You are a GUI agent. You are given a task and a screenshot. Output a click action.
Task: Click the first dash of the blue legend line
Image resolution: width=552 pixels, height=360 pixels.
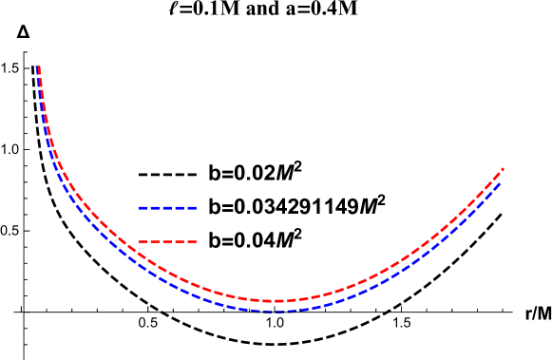pos(143,207)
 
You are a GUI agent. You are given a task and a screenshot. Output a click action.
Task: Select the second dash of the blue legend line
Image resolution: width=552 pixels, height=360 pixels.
pos(156,207)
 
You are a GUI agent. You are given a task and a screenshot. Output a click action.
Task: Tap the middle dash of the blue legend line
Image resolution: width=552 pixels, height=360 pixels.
pos(168,207)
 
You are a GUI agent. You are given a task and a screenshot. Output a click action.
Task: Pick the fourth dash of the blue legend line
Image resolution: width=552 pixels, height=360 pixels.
pos(181,207)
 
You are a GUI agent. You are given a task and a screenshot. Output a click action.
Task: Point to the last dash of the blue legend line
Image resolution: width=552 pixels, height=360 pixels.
pos(192,207)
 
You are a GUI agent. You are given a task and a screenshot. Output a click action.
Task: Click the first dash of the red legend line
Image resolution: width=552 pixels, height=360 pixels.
pos(143,241)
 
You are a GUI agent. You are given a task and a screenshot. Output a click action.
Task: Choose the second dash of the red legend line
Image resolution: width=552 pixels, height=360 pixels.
pos(156,241)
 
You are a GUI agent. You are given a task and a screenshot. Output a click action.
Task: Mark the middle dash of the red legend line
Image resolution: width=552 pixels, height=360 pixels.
pos(168,241)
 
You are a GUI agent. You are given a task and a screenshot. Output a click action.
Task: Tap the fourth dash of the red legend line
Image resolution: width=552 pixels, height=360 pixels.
pos(181,241)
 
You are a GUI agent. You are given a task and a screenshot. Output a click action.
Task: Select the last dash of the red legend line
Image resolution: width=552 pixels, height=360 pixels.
pos(192,241)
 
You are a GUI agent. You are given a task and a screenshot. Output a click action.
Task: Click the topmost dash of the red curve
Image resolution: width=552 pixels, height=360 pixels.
pos(39,71)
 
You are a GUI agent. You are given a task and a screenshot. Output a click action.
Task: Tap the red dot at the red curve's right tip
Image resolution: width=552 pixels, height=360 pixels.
pos(503,169)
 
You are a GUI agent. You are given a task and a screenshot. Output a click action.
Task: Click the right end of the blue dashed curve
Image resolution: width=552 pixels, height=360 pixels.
pos(501,181)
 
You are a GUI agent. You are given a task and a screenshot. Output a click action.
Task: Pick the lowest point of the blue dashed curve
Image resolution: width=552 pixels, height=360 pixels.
pos(273,311)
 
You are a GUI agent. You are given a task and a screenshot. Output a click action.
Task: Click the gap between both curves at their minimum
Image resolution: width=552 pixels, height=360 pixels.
pos(275,306)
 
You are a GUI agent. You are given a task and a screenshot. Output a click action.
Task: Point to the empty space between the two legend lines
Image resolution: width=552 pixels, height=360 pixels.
pos(168,224)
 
